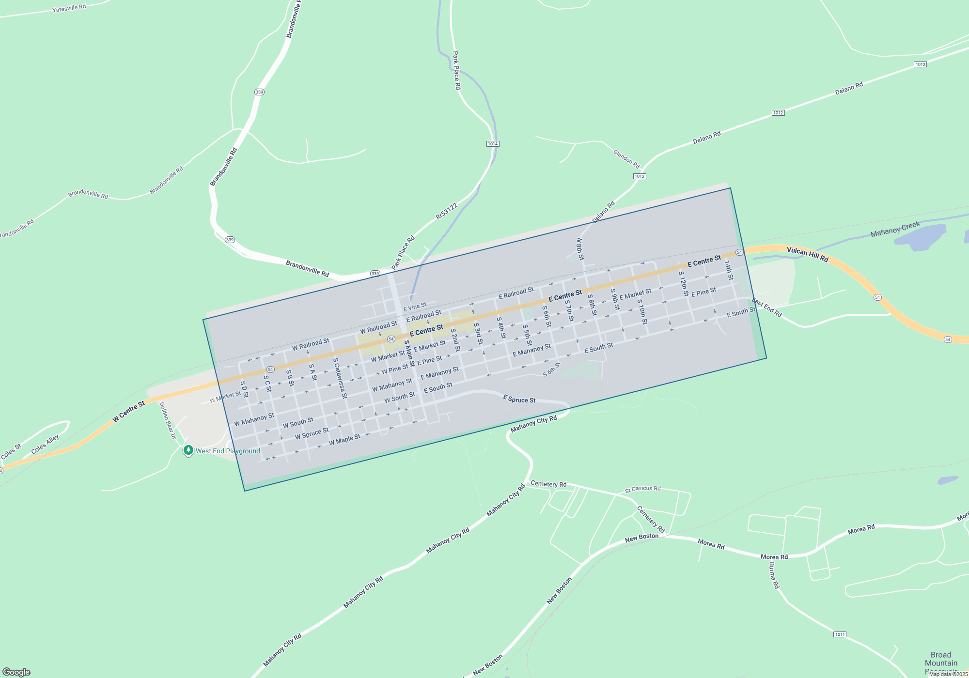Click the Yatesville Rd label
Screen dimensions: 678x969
tap(69, 8)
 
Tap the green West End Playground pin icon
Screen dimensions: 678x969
tap(188, 450)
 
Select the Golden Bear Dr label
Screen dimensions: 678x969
tap(168, 420)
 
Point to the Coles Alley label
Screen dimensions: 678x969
tap(45, 444)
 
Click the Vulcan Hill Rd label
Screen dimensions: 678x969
tap(807, 254)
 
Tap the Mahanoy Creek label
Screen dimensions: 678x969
tap(895, 229)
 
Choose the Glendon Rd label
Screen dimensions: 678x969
tap(626, 159)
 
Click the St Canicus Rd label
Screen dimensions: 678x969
tap(642, 489)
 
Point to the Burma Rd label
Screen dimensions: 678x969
tap(774, 575)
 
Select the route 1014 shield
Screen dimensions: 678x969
tap(493, 144)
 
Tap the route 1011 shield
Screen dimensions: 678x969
tap(840, 634)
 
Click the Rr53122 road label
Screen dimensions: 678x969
tap(446, 211)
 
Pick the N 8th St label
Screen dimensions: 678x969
tap(580, 249)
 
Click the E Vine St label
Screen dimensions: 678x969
tap(415, 307)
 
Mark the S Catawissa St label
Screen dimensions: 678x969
tap(340, 378)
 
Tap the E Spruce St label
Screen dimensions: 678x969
tap(519, 400)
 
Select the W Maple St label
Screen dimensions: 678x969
tap(344, 440)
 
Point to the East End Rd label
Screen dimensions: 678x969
tap(767, 308)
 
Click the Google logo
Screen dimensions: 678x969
tap(16, 672)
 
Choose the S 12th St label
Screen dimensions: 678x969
tap(684, 284)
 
